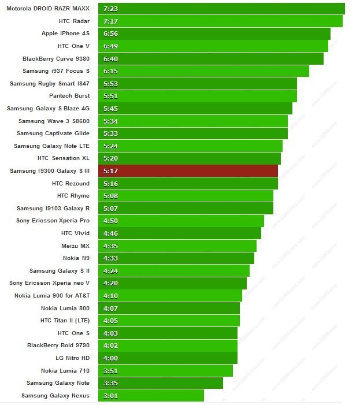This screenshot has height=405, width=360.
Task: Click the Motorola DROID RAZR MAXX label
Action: click(48, 9)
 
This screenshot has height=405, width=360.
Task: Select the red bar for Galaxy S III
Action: click(188, 171)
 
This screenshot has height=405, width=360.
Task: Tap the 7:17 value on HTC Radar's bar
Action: click(110, 21)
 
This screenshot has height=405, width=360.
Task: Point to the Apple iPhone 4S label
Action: click(65, 34)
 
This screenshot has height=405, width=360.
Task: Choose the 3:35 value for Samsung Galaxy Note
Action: click(110, 383)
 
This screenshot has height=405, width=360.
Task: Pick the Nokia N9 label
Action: click(76, 258)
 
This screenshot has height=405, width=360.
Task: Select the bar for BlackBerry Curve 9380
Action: click(211, 58)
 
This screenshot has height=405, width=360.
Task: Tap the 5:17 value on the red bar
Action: click(110, 171)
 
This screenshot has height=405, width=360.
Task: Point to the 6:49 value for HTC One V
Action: click(110, 46)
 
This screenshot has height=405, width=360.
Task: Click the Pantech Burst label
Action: click(69, 96)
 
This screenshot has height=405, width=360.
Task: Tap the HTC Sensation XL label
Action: click(64, 158)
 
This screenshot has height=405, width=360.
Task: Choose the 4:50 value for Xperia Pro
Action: click(110, 221)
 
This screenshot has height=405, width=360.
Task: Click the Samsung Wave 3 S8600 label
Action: click(54, 121)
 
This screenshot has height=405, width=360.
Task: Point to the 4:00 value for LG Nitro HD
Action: click(110, 358)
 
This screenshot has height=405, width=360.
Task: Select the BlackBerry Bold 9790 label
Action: click(58, 345)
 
